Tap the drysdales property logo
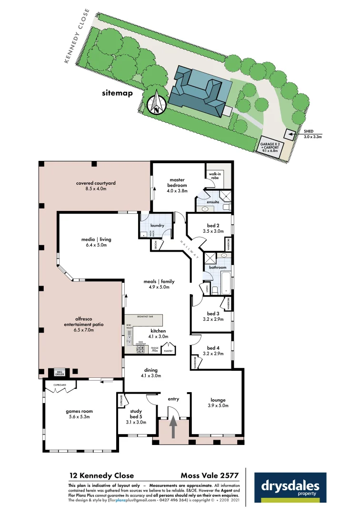click(290, 488)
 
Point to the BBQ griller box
click(60, 373)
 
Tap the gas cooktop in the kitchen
click(141, 349)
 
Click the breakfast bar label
click(145, 316)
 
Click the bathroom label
click(218, 267)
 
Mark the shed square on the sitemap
click(290, 135)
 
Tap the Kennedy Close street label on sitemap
click(78, 36)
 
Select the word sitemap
click(117, 93)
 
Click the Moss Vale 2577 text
click(210, 475)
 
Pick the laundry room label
click(157, 226)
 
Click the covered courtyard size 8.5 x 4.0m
click(96, 189)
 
